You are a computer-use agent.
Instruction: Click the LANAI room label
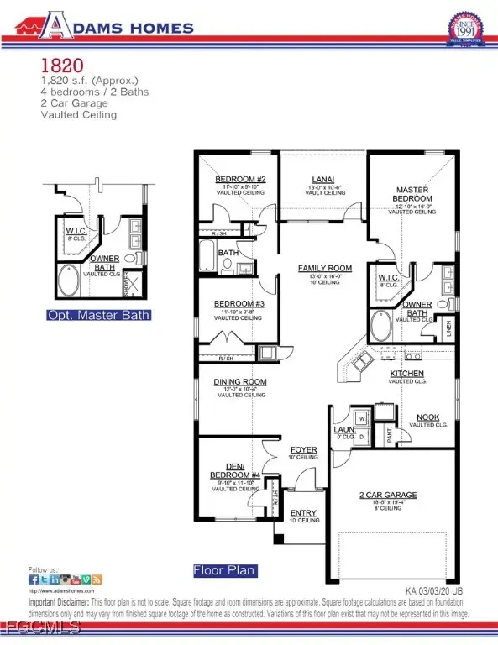323,179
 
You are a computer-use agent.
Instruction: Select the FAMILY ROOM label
324,269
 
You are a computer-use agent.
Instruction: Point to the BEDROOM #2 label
240,180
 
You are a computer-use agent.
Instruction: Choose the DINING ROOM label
239,382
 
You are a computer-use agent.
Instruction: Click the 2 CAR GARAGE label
388,496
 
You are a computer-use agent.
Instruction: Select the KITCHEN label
406,373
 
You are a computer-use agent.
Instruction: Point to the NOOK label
429,417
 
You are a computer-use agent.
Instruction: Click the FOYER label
303,450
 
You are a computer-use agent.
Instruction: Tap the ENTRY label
303,512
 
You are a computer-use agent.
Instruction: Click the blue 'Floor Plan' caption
224,570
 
